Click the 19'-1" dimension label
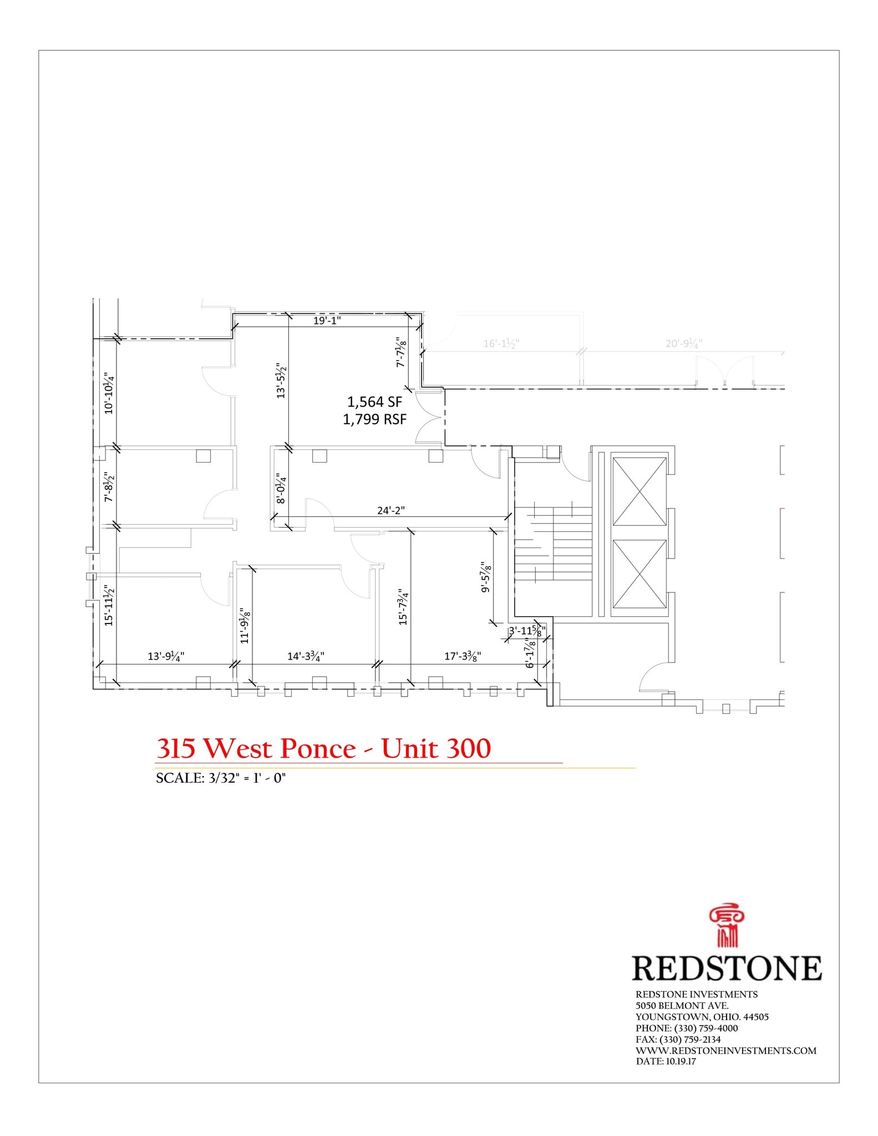pyautogui.click(x=327, y=320)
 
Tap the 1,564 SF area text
pyautogui.click(x=374, y=402)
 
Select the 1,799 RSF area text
pyautogui.click(x=374, y=419)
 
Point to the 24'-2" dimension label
pyautogui.click(x=391, y=510)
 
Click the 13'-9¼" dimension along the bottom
pyautogui.click(x=166, y=656)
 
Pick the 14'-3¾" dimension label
pyautogui.click(x=306, y=656)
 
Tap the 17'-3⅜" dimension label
pyautogui.click(x=463, y=656)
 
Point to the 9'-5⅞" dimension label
pyautogui.click(x=486, y=577)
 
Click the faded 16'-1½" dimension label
pyautogui.click(x=501, y=344)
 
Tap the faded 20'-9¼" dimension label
pyautogui.click(x=684, y=344)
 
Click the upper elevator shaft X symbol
pyautogui.click(x=639, y=491)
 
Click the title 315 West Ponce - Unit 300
pyautogui.click(x=323, y=749)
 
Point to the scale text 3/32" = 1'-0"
pyautogui.click(x=221, y=778)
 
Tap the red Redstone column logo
pyautogui.click(x=727, y=927)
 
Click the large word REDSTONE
pyautogui.click(x=727, y=968)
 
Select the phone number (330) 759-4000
pyautogui.click(x=706, y=1028)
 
